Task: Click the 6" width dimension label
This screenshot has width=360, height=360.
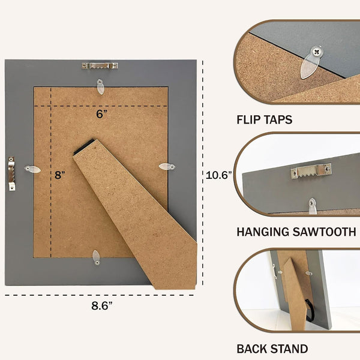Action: (x=101, y=114)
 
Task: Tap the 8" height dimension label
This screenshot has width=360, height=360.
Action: (x=59, y=175)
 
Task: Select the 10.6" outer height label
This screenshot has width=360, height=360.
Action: (x=218, y=175)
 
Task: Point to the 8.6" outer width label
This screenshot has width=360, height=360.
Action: (x=102, y=305)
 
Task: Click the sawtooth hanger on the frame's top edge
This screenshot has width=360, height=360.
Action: (x=100, y=66)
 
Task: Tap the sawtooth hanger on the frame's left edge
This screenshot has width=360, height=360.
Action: (x=11, y=173)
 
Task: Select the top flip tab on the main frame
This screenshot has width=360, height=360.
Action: (x=100, y=86)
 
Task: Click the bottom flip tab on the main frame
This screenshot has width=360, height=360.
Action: (x=96, y=257)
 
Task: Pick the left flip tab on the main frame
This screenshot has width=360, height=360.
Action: (x=32, y=169)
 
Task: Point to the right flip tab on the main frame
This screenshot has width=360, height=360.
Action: (x=167, y=166)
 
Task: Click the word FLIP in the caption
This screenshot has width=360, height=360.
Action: (x=248, y=119)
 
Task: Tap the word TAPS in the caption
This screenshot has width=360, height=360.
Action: (x=278, y=119)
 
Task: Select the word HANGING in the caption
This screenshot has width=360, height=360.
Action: (x=263, y=232)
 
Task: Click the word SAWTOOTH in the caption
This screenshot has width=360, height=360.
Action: (x=325, y=232)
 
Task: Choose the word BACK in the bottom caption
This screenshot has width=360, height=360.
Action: (x=250, y=349)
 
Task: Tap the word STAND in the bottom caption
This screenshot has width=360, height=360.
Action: (x=287, y=349)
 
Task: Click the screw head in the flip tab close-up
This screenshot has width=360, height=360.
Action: (x=317, y=52)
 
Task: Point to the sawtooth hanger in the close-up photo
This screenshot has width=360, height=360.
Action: (x=311, y=171)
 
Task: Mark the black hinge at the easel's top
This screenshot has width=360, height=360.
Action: (x=83, y=147)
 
